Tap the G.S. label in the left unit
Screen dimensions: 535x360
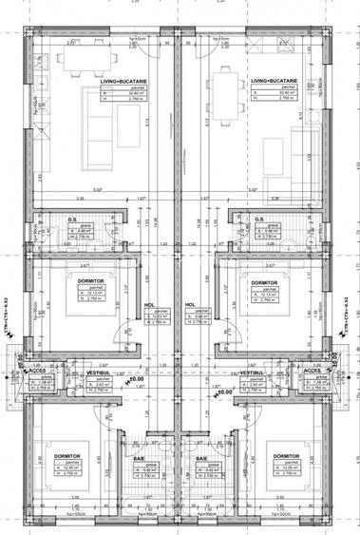click(72, 219)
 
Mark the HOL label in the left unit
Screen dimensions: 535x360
click(149, 305)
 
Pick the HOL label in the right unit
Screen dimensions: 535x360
click(190, 305)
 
